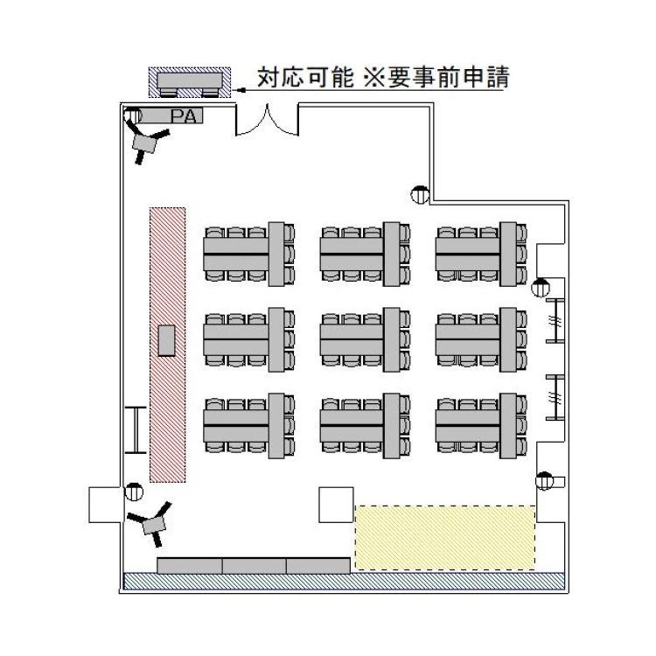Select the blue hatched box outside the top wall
coord(189,83)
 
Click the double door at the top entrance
coord(268,122)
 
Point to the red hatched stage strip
coord(167,345)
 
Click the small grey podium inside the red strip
coord(167,339)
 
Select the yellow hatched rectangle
coord(444,538)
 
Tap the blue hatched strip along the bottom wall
coord(344,581)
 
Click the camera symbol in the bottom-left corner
coord(153,522)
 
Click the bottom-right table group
coord(481,424)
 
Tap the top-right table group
coord(481,254)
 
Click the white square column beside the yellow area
coord(335,506)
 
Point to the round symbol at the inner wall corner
coord(420,195)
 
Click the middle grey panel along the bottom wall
coord(254,565)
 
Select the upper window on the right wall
coord(555,322)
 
